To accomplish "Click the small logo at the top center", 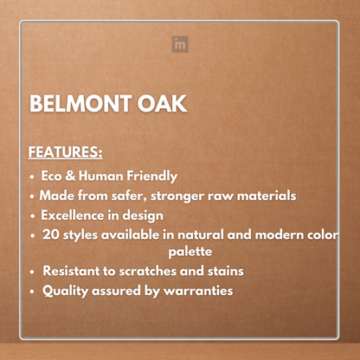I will point(179,43).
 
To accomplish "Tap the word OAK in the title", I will point(161,105).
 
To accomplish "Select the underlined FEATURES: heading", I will point(66,153).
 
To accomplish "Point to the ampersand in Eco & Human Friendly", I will point(75,175).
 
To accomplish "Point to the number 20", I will point(51,235).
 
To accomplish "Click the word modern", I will point(289,235).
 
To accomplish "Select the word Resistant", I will point(75,272).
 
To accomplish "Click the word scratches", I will point(158,272).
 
